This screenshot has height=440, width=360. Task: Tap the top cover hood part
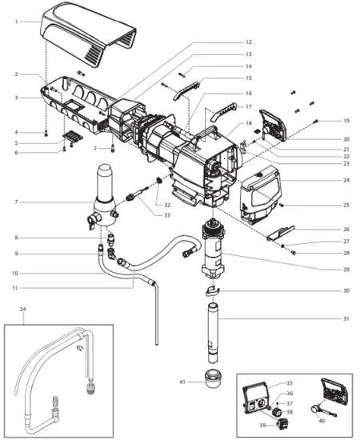pyautogui.click(x=84, y=37)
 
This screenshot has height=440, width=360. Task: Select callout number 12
pyautogui.click(x=249, y=42)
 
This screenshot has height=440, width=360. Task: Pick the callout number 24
pyautogui.click(x=346, y=180)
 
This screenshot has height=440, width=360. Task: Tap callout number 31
pyautogui.click(x=346, y=320)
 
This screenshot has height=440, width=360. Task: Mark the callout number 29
pyautogui.click(x=346, y=270)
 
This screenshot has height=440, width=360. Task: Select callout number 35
pyautogui.click(x=290, y=383)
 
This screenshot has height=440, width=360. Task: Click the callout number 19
pyautogui.click(x=346, y=120)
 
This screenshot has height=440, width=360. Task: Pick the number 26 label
pyautogui.click(x=346, y=229)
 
